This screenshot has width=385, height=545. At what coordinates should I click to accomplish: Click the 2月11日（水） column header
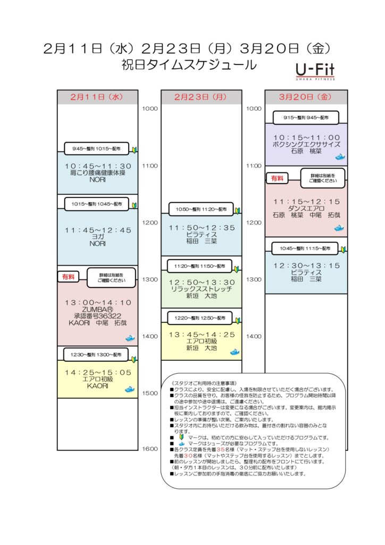pos(97,97)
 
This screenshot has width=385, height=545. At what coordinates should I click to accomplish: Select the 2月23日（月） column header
pos(201,97)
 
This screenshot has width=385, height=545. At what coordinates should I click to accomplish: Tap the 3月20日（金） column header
pos(306,97)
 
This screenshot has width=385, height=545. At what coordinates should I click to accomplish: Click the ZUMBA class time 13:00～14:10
pos(97,302)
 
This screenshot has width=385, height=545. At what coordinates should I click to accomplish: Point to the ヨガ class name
pos(97,237)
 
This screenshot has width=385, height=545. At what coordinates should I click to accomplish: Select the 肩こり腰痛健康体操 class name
pos(97,173)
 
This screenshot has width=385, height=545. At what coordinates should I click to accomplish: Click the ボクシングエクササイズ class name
pos(306,144)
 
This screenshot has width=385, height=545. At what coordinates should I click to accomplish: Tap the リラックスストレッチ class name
pos(201,288)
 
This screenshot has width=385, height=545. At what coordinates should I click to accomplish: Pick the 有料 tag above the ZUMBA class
pos(69,277)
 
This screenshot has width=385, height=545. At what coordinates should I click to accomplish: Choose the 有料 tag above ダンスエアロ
pos(277,179)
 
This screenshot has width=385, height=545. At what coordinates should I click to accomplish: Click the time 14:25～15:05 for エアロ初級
pos(97,373)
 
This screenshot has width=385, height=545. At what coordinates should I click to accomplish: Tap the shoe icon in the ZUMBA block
pos(130,338)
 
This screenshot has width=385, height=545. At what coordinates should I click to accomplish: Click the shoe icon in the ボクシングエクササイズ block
pos(339,157)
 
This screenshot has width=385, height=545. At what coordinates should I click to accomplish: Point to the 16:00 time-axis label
pos(149,448)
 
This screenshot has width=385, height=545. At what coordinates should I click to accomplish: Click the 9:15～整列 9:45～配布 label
pos(306,117)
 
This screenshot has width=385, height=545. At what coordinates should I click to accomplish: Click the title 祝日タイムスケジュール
pos(189,65)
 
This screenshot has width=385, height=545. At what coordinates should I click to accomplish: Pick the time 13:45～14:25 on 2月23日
pos(201,335)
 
